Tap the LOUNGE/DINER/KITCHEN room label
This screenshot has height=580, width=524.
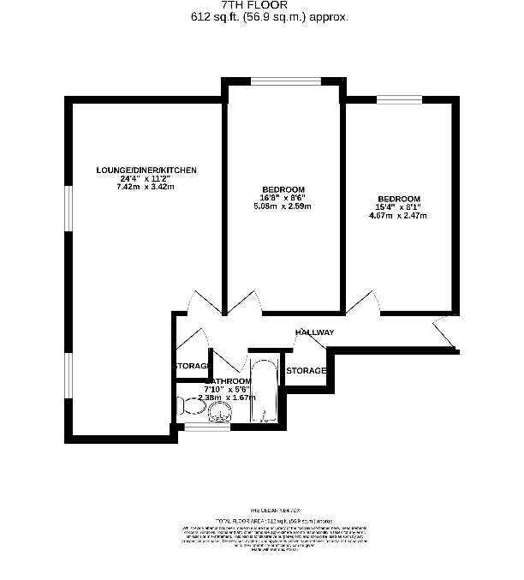146,170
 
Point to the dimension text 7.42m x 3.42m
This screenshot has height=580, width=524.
146,186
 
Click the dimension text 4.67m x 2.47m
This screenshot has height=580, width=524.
399,215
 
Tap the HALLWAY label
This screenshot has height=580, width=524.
314,332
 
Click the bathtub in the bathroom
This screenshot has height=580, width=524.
264,392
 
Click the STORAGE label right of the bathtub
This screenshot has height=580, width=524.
306,370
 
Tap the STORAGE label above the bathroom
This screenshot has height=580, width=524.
191,366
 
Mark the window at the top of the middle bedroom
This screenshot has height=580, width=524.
286,81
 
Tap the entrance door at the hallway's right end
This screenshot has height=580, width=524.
446,332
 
